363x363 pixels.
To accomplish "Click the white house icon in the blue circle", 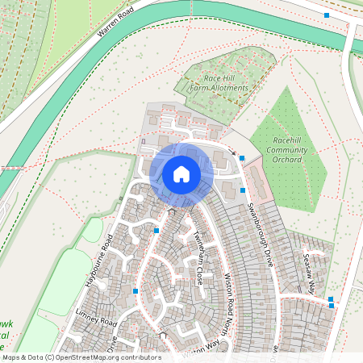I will coord(181,173).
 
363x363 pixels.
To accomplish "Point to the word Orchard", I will coord(287,159).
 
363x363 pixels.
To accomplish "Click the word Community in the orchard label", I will coord(287,149).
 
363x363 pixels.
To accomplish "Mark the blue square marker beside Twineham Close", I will coord(156,230).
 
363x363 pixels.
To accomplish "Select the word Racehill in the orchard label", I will coord(287,140).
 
